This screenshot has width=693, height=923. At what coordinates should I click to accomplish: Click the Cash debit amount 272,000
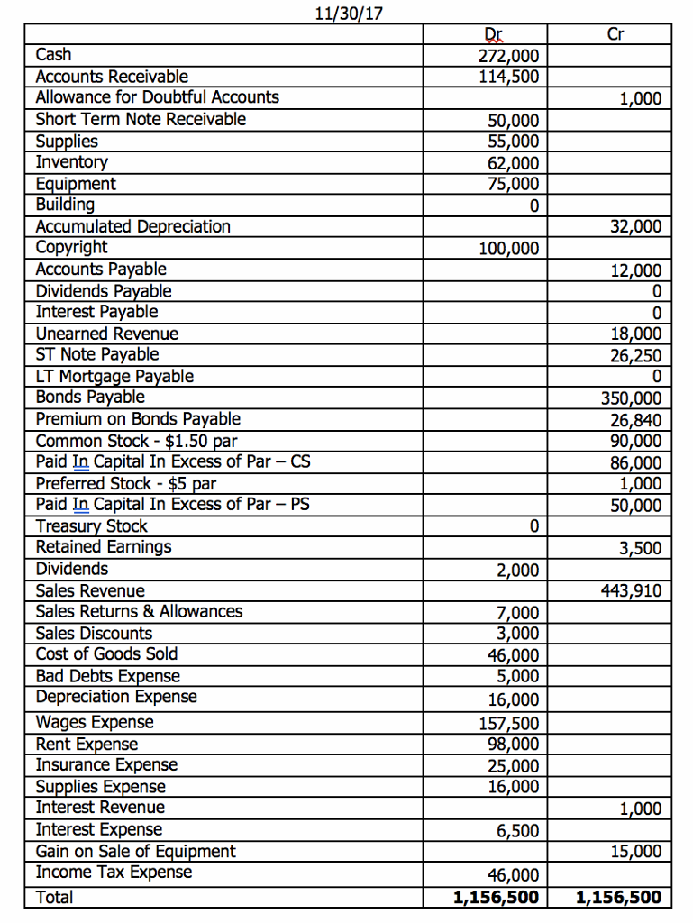(510, 56)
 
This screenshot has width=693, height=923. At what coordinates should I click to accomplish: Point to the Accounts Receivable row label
(112, 77)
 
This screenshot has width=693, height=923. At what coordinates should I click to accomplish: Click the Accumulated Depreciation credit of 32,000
(636, 227)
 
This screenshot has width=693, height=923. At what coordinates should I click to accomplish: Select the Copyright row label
(71, 247)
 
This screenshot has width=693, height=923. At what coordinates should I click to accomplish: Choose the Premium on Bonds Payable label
(138, 419)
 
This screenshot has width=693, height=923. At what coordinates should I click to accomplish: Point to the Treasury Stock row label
(91, 525)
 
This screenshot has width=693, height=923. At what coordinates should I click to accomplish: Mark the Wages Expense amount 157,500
(510, 723)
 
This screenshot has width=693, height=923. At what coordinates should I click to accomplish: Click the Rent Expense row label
(87, 745)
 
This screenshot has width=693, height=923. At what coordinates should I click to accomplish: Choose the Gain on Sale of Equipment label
(135, 852)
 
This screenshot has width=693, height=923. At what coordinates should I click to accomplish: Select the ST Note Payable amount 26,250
(636, 355)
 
